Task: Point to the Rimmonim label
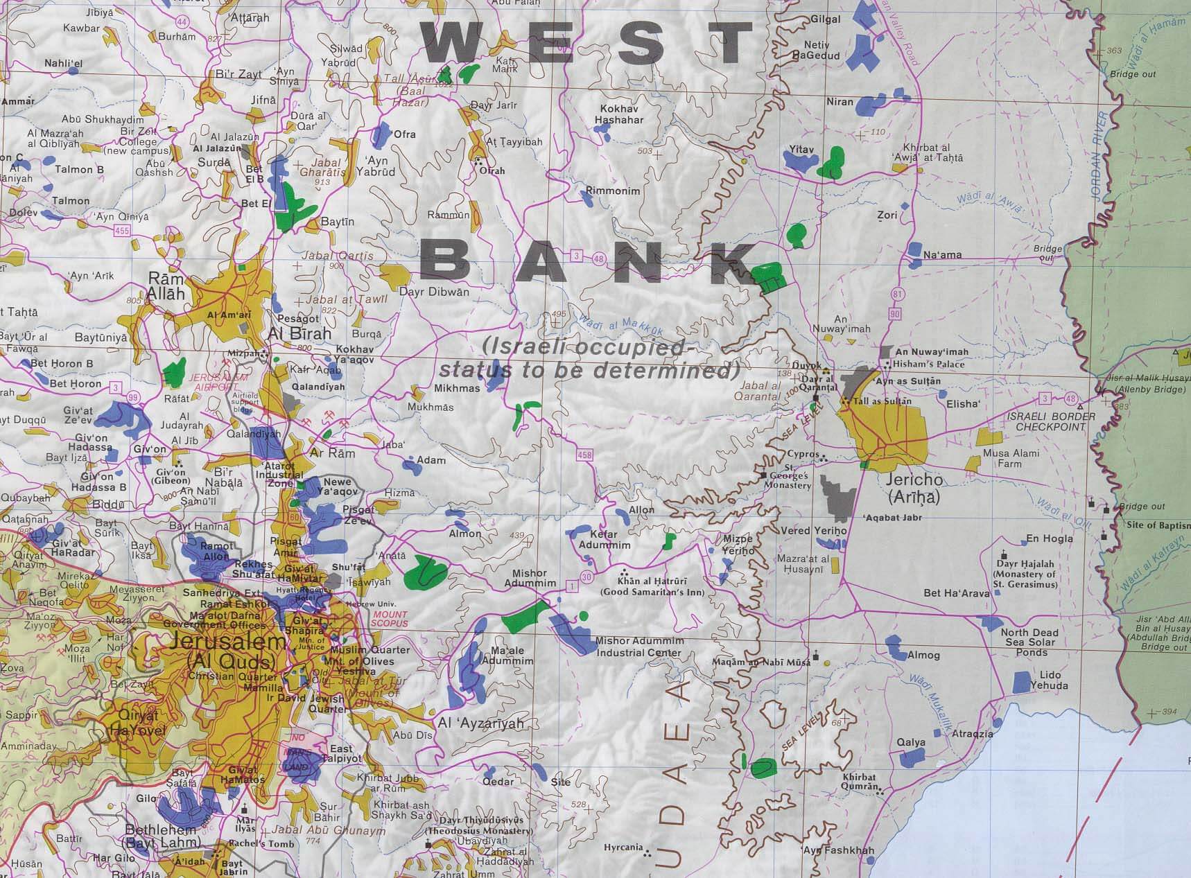coord(613,191)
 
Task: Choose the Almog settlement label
coord(923,655)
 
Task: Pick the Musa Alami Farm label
coord(1011,458)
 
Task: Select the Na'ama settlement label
coord(942,255)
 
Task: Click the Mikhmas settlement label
coord(457,388)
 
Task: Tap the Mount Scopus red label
coord(390,619)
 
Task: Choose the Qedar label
coord(498,782)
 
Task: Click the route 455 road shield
coord(123,231)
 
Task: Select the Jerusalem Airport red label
coord(218,381)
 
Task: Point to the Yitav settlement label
coord(801,149)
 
